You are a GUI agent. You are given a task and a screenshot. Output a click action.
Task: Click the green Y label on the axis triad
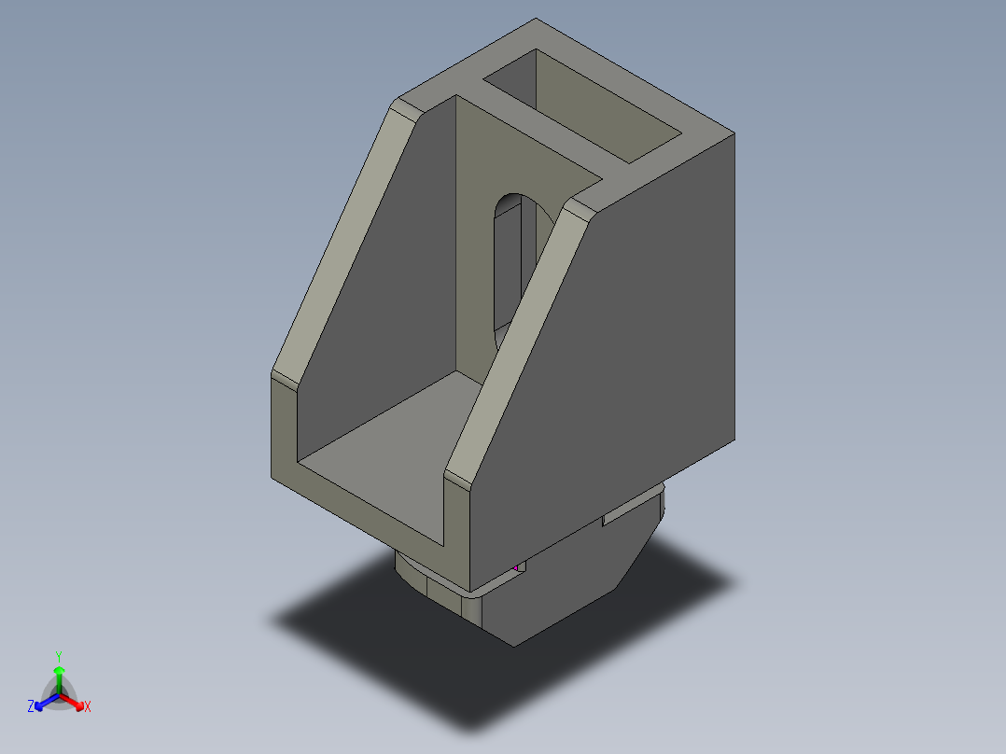tap(58, 656)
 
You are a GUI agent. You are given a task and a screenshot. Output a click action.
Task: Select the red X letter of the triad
tap(88, 707)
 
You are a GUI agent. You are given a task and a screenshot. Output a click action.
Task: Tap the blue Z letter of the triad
tap(31, 707)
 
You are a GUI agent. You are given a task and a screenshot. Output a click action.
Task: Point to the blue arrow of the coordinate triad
tap(44, 701)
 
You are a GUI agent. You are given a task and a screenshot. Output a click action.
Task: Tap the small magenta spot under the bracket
tap(516, 566)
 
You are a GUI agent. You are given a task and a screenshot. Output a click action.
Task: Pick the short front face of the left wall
tap(284, 429)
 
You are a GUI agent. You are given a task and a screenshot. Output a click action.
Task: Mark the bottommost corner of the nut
tap(513, 645)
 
